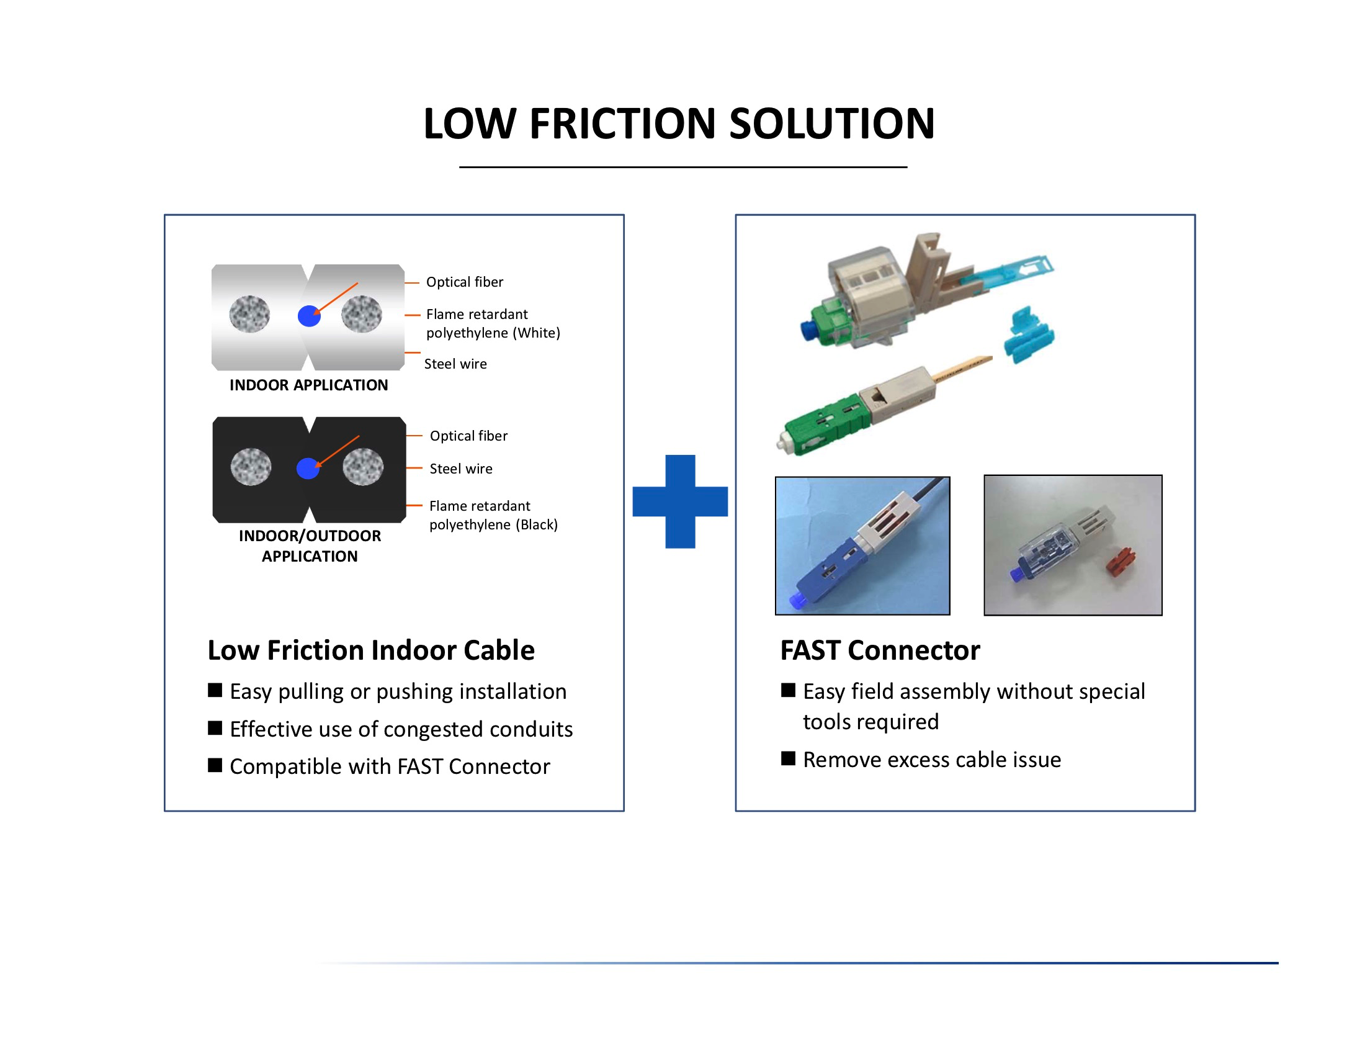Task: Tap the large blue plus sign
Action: [680, 501]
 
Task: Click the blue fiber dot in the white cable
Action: [309, 316]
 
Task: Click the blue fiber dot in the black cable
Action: [308, 468]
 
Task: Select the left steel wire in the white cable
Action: [249, 314]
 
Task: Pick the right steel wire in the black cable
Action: [363, 467]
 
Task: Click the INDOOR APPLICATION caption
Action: [309, 385]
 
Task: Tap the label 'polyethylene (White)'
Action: [493, 333]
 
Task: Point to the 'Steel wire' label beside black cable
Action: [460, 469]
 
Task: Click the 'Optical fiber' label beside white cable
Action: [464, 282]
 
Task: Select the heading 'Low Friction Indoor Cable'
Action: [370, 650]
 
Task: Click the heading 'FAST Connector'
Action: [880, 650]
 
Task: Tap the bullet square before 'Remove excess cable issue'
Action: [788, 759]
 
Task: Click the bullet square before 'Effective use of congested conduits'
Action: [215, 728]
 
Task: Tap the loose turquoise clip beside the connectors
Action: [1028, 334]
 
